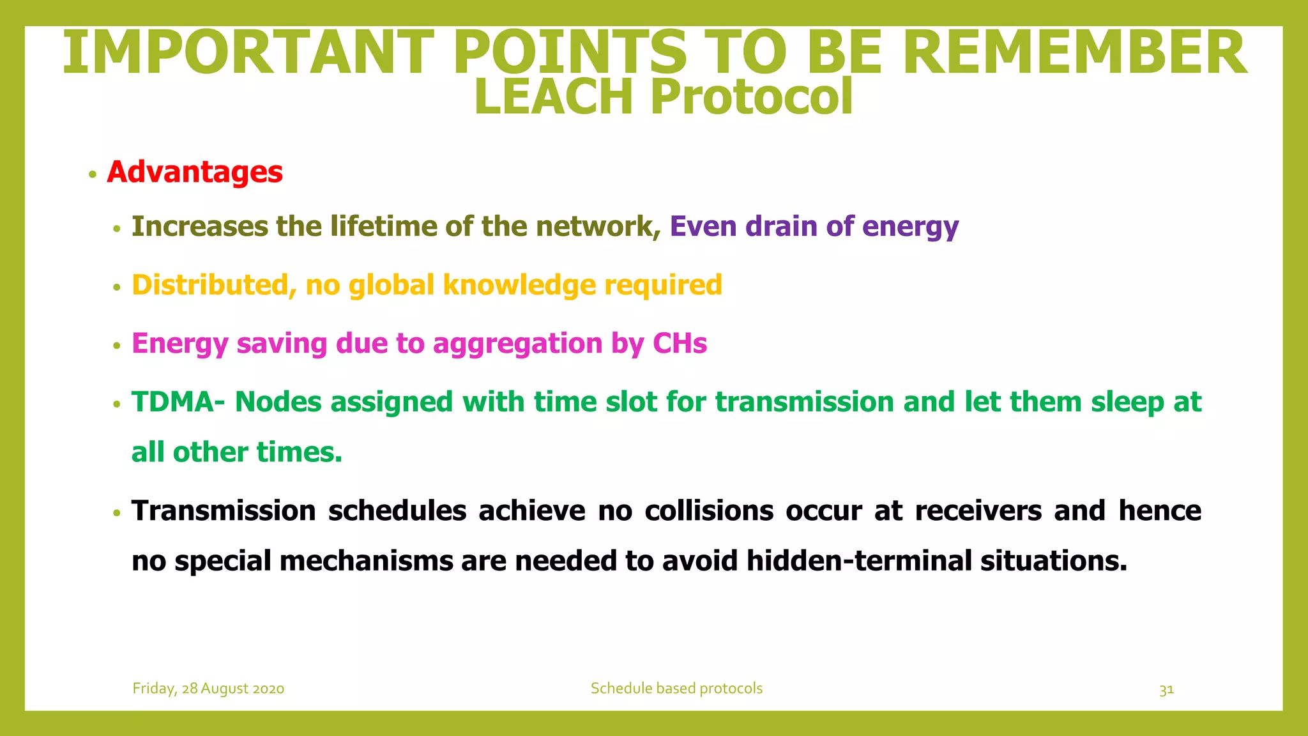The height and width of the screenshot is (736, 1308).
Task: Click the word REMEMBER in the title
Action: (x=1074, y=54)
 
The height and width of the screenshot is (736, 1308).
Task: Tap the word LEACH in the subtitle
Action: (x=554, y=97)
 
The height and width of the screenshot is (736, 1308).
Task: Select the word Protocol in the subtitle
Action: (x=752, y=97)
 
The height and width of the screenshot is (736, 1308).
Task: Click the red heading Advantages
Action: (x=195, y=172)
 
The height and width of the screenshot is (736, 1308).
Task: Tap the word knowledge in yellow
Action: (x=519, y=286)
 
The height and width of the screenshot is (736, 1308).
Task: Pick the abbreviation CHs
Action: (x=680, y=344)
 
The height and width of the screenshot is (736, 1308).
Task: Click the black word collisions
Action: (x=709, y=511)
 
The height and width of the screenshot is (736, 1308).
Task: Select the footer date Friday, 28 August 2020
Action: (x=208, y=689)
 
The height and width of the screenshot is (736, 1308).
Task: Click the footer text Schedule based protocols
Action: (x=676, y=689)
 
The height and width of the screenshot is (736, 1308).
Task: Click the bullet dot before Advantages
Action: (x=93, y=174)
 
